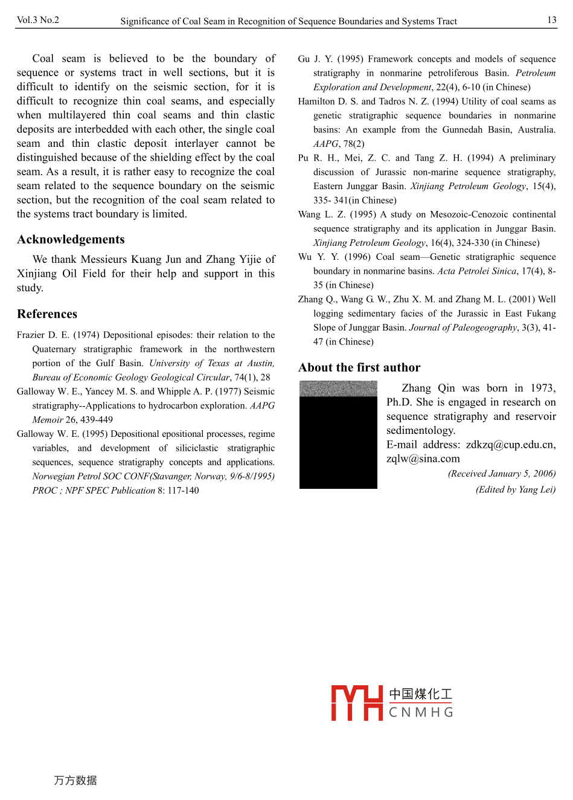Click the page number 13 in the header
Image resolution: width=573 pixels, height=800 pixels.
(x=552, y=20)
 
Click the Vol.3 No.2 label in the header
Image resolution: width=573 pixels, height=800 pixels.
(x=38, y=20)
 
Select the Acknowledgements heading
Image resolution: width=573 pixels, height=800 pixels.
(x=71, y=239)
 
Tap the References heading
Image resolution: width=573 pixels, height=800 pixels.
(x=47, y=314)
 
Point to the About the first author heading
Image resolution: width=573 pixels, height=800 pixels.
(x=359, y=367)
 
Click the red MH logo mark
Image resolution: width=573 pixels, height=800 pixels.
(x=357, y=703)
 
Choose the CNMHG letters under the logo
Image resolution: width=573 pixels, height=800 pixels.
(x=421, y=712)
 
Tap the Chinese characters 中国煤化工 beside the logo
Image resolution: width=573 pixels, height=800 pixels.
(x=421, y=694)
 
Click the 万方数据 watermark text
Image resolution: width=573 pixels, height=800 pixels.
(x=75, y=780)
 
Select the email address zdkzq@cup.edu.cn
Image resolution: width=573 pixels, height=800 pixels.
(x=510, y=445)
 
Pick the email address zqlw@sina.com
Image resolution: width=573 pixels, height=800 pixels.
(x=423, y=459)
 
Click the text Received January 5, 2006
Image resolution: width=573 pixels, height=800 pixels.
(x=502, y=474)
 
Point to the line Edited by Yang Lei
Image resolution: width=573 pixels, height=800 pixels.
(x=516, y=489)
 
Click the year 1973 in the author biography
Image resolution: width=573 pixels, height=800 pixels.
(x=542, y=388)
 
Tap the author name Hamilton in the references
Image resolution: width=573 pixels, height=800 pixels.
(x=316, y=102)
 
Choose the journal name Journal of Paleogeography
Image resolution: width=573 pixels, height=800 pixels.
(x=463, y=327)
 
